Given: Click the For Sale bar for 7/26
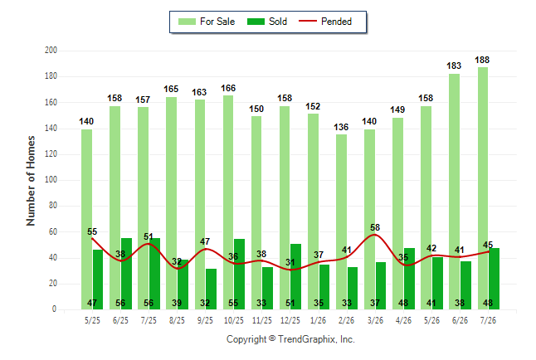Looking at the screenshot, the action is click(x=483, y=188).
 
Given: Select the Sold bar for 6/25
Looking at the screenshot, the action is click(x=126, y=274).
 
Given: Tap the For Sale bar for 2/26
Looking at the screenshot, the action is click(x=341, y=221).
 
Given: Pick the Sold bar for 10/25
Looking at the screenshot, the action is click(x=239, y=275).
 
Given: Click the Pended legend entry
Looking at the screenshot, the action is click(x=325, y=22).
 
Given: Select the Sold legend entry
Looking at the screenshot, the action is click(x=267, y=22).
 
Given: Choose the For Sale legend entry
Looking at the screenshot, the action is click(x=207, y=22).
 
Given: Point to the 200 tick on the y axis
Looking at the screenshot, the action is click(x=51, y=51).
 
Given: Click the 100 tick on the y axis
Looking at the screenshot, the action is click(x=51, y=180).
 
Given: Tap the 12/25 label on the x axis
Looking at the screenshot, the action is click(x=290, y=320).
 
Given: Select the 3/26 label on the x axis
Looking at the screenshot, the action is click(x=375, y=320).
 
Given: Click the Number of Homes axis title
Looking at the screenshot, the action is click(x=31, y=181).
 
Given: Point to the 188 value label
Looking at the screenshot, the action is click(x=482, y=61).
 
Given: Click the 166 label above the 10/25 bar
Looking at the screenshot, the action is click(x=228, y=88).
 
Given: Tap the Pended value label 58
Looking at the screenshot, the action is click(x=375, y=227).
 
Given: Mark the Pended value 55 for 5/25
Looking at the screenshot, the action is click(x=92, y=231).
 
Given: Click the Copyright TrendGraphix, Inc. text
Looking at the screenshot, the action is click(x=290, y=339).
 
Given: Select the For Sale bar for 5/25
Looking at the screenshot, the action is click(x=87, y=220).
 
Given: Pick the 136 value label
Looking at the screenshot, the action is click(x=341, y=127).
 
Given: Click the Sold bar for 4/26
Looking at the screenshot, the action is click(x=409, y=279).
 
